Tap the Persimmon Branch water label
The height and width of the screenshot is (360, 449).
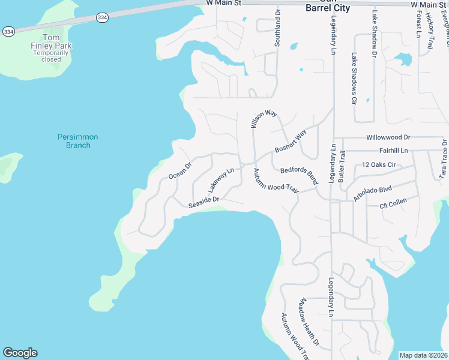[77, 141]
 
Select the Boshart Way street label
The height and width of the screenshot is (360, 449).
[291, 141]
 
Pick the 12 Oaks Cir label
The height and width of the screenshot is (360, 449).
[379, 164]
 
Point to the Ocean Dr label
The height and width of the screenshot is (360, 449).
[179, 170]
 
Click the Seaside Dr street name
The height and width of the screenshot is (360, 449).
[203, 202]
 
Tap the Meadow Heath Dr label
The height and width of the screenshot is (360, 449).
[309, 322]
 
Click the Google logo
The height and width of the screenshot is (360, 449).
[20, 353]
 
